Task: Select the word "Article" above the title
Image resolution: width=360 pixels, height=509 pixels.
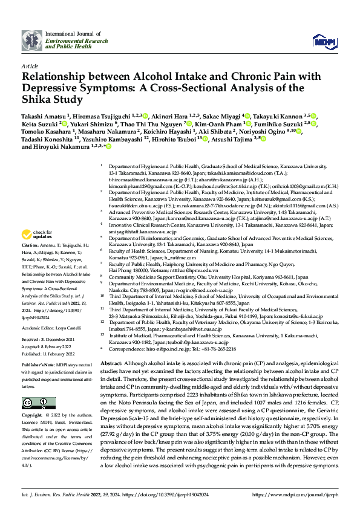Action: pos(29,66)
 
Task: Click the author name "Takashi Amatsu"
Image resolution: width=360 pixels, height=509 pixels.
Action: pos(45,114)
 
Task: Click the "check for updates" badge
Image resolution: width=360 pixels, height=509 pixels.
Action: pos(37,235)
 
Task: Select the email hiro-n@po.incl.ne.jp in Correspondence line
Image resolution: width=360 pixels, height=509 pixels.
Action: pos(166,349)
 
